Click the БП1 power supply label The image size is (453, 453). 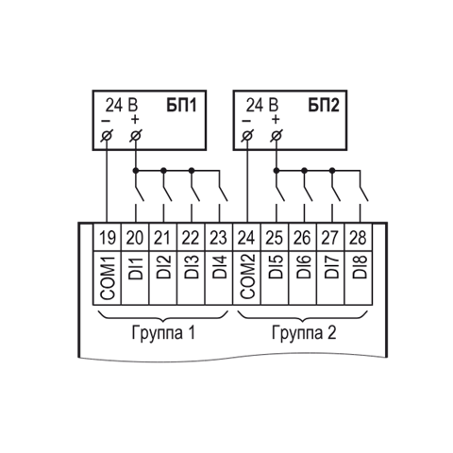(181, 105)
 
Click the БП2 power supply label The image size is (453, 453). (324, 105)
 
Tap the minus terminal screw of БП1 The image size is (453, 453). (107, 136)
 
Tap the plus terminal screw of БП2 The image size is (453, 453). (277, 136)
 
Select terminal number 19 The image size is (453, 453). (108, 238)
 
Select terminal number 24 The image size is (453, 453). (246, 238)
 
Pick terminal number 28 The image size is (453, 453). (358, 238)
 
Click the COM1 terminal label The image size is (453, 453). (108, 277)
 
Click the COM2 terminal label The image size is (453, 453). (247, 277)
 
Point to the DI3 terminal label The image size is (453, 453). (192, 267)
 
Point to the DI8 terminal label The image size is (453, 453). (360, 267)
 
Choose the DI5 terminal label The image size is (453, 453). (276, 267)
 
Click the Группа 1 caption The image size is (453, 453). (163, 333)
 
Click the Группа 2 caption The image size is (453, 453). (304, 333)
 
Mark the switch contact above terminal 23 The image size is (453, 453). (223, 193)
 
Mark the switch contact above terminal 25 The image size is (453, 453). (280, 193)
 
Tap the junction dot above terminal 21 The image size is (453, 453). (163, 171)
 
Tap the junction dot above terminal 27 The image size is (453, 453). (332, 171)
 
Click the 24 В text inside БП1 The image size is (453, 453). (122, 105)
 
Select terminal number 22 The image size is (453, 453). (191, 238)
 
